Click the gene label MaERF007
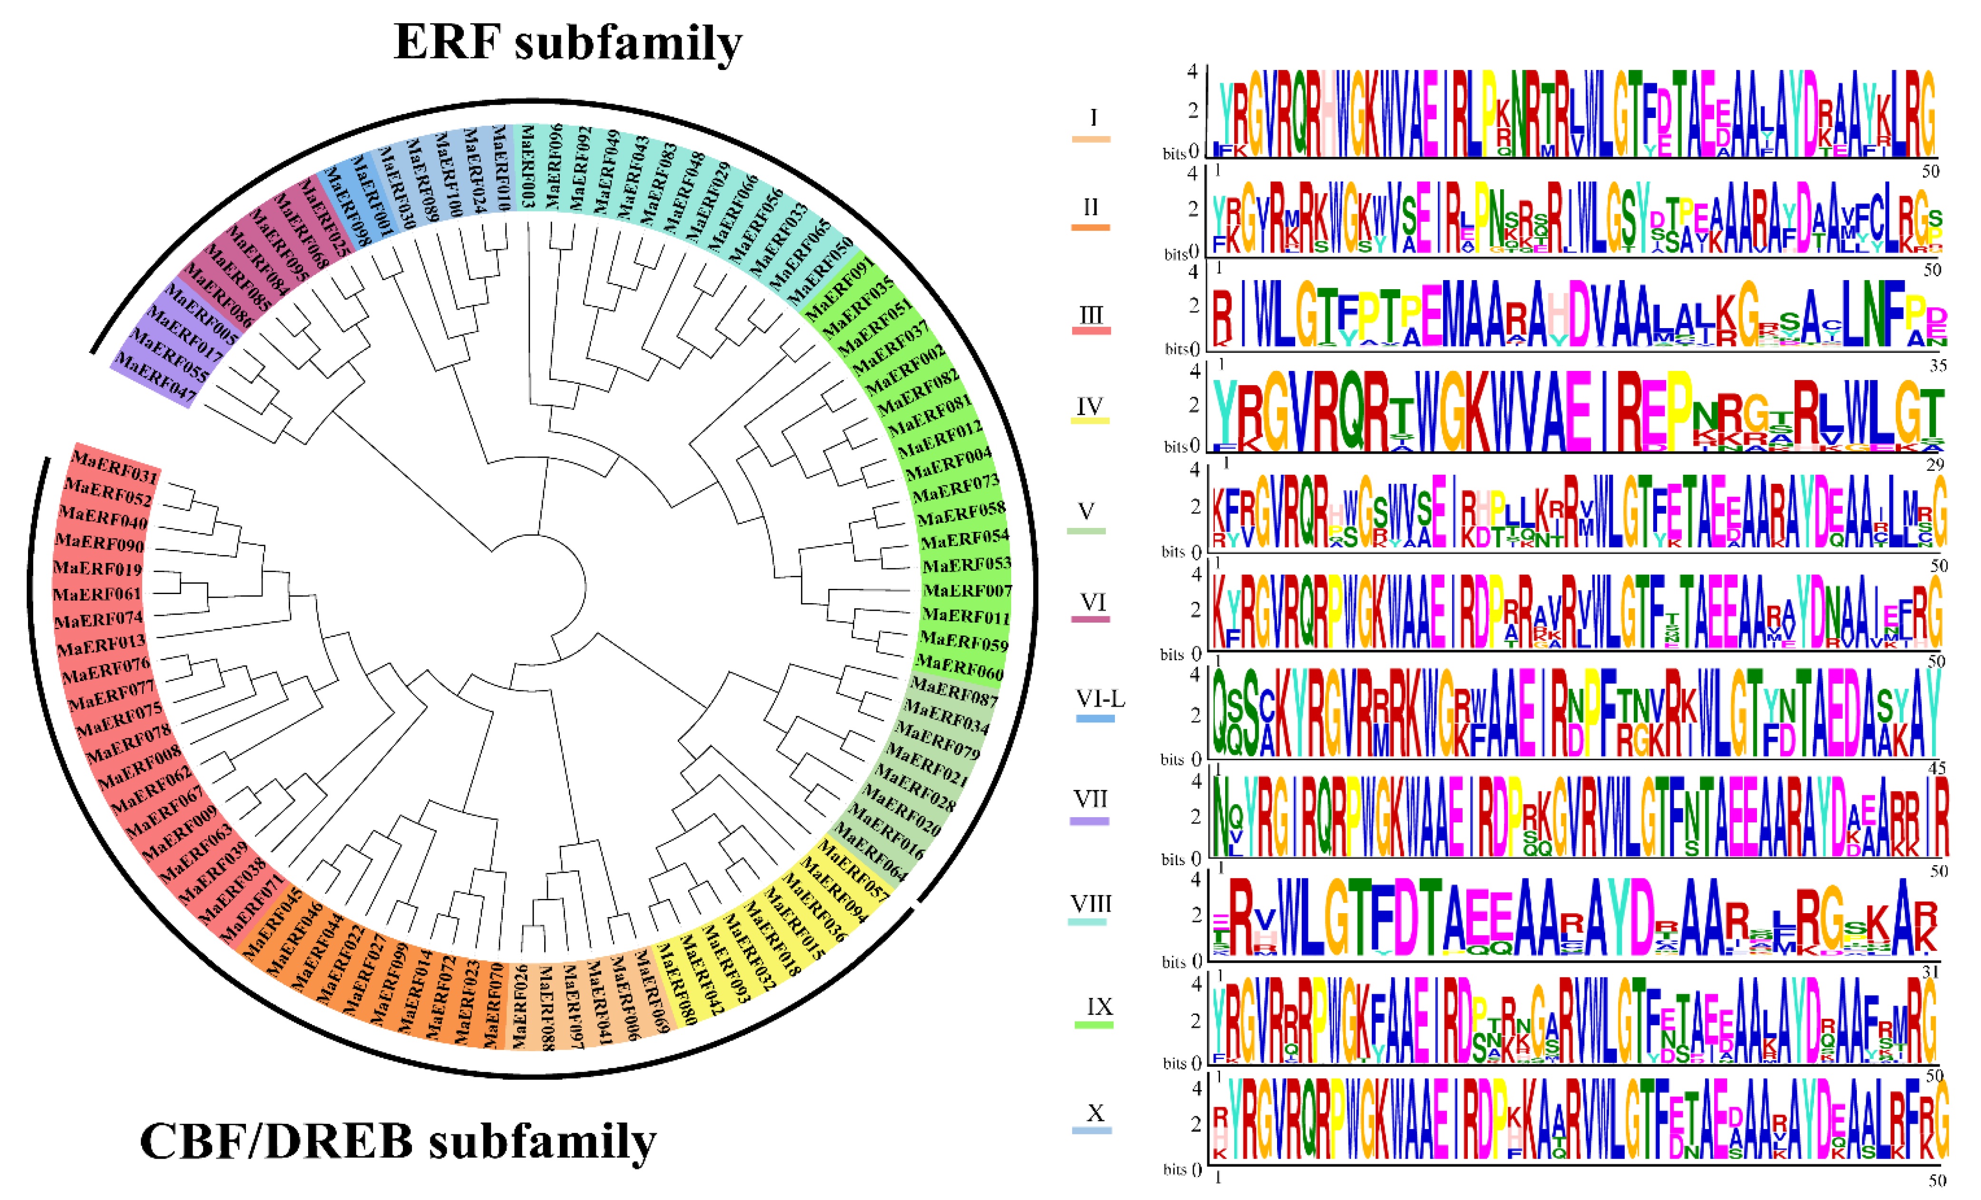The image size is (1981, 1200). click(967, 591)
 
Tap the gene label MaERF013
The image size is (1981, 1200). click(100, 644)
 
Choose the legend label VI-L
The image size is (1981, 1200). click(1100, 699)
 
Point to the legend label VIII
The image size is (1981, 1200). click(1091, 903)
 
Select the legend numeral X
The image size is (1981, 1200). click(1095, 1113)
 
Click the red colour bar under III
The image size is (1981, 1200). click(1091, 331)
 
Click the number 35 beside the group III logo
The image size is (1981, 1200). click(1938, 366)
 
